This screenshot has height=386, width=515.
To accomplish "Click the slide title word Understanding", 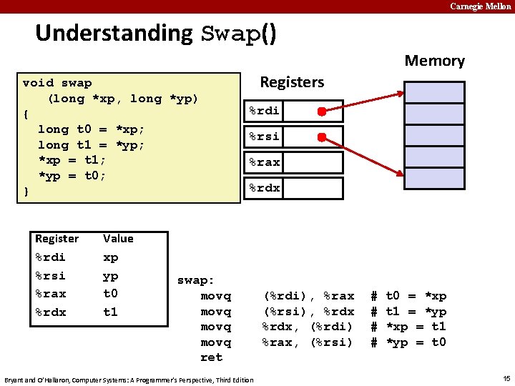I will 114,33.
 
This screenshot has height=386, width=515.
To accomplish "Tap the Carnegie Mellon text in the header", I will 480,6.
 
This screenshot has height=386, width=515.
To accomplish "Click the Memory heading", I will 434,61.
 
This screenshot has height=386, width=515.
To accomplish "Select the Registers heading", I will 292,82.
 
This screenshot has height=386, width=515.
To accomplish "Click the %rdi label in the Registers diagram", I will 264,111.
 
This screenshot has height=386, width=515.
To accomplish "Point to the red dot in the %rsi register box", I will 322,137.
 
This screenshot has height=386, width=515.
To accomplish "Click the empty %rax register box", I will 315,162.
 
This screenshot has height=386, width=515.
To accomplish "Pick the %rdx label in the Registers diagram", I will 264,189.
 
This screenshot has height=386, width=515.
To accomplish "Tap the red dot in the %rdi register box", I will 322,112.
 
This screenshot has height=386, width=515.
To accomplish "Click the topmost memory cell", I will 434,92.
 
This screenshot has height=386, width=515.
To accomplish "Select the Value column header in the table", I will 118,239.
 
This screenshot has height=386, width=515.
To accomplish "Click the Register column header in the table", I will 57,239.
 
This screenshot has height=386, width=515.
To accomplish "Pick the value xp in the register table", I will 111,257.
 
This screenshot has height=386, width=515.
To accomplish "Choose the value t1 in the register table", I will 110,312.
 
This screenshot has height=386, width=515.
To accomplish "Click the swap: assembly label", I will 195,280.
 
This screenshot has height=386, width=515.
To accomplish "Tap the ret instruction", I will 211,357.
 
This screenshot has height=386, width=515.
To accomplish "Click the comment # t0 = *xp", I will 408,296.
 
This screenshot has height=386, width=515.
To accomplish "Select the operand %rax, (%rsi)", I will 308,342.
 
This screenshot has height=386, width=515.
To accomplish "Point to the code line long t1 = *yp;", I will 91,145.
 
